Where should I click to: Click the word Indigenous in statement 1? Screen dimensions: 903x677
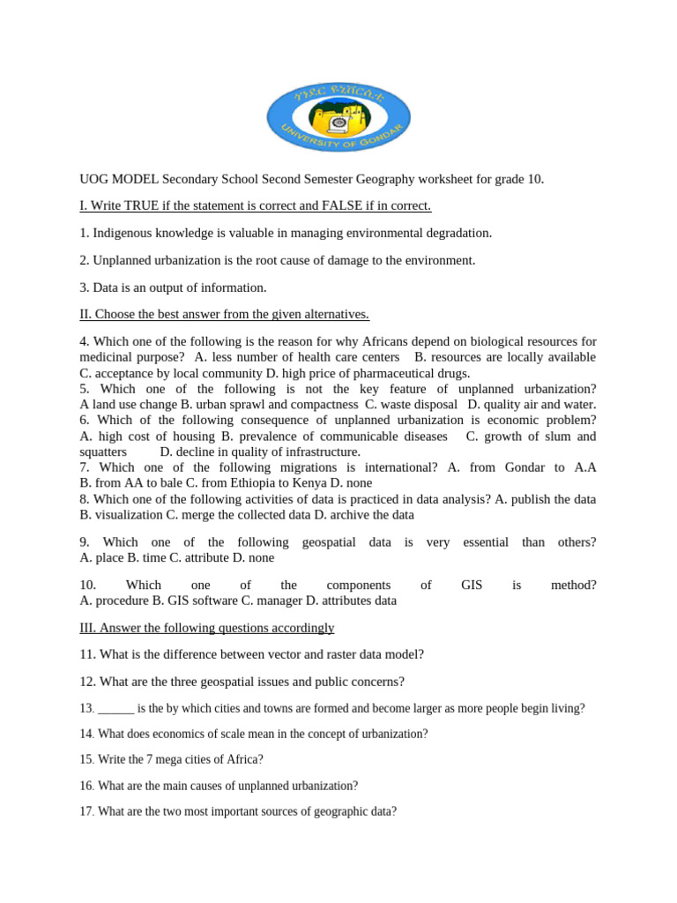(x=123, y=233)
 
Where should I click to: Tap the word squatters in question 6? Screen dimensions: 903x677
(x=103, y=451)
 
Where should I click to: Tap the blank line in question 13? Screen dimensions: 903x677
(x=115, y=708)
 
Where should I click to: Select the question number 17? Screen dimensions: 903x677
(x=86, y=811)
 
